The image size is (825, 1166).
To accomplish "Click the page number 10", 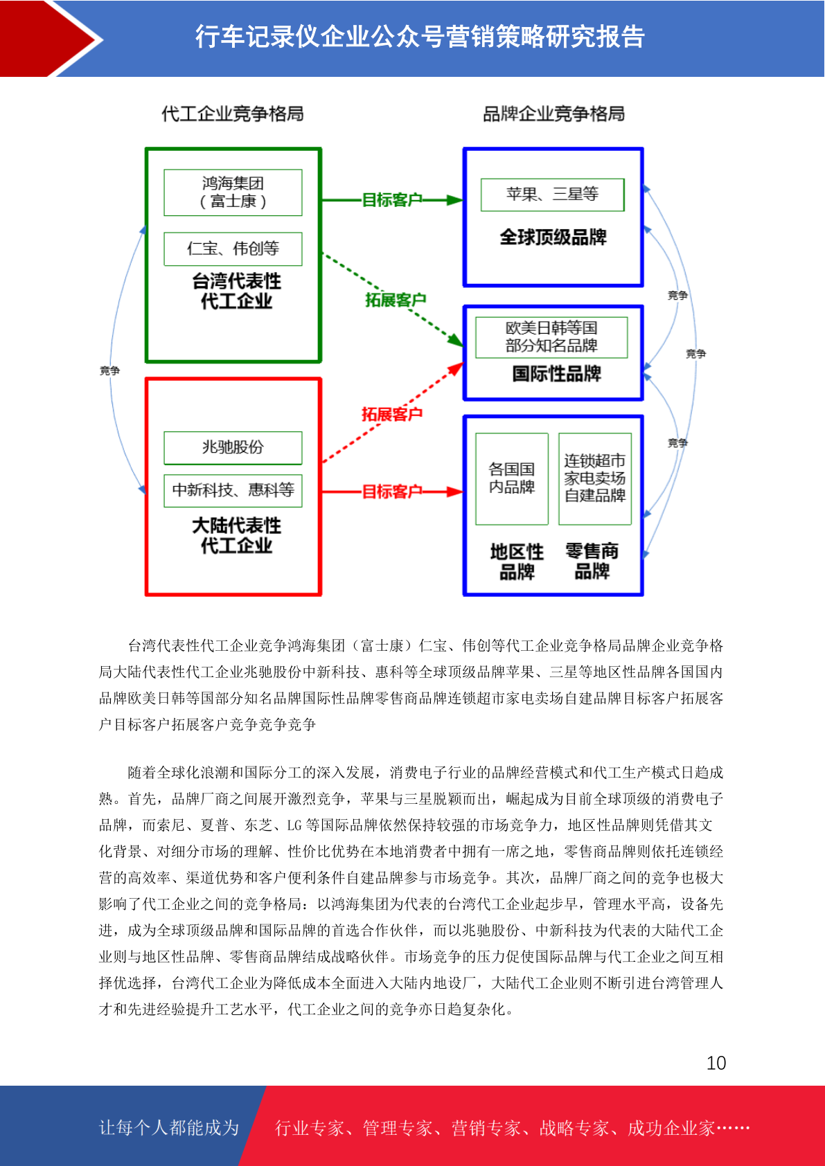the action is click(x=716, y=1062).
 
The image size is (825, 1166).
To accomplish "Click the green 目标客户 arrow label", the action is click(x=391, y=199).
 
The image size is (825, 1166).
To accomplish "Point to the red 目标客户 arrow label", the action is click(x=391, y=491).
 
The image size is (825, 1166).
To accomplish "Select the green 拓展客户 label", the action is click(x=396, y=300).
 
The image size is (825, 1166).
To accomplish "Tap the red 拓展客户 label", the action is click(x=391, y=414).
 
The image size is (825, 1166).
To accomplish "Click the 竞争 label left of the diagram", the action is click(x=109, y=370).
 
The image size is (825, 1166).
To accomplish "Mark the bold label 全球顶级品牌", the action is click(x=553, y=237).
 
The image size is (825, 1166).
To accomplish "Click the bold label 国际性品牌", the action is click(x=556, y=374).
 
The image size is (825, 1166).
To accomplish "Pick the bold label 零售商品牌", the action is click(x=592, y=561).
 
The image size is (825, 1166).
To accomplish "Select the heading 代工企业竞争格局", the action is click(x=232, y=113).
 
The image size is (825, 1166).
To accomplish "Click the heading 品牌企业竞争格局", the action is click(x=553, y=113).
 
